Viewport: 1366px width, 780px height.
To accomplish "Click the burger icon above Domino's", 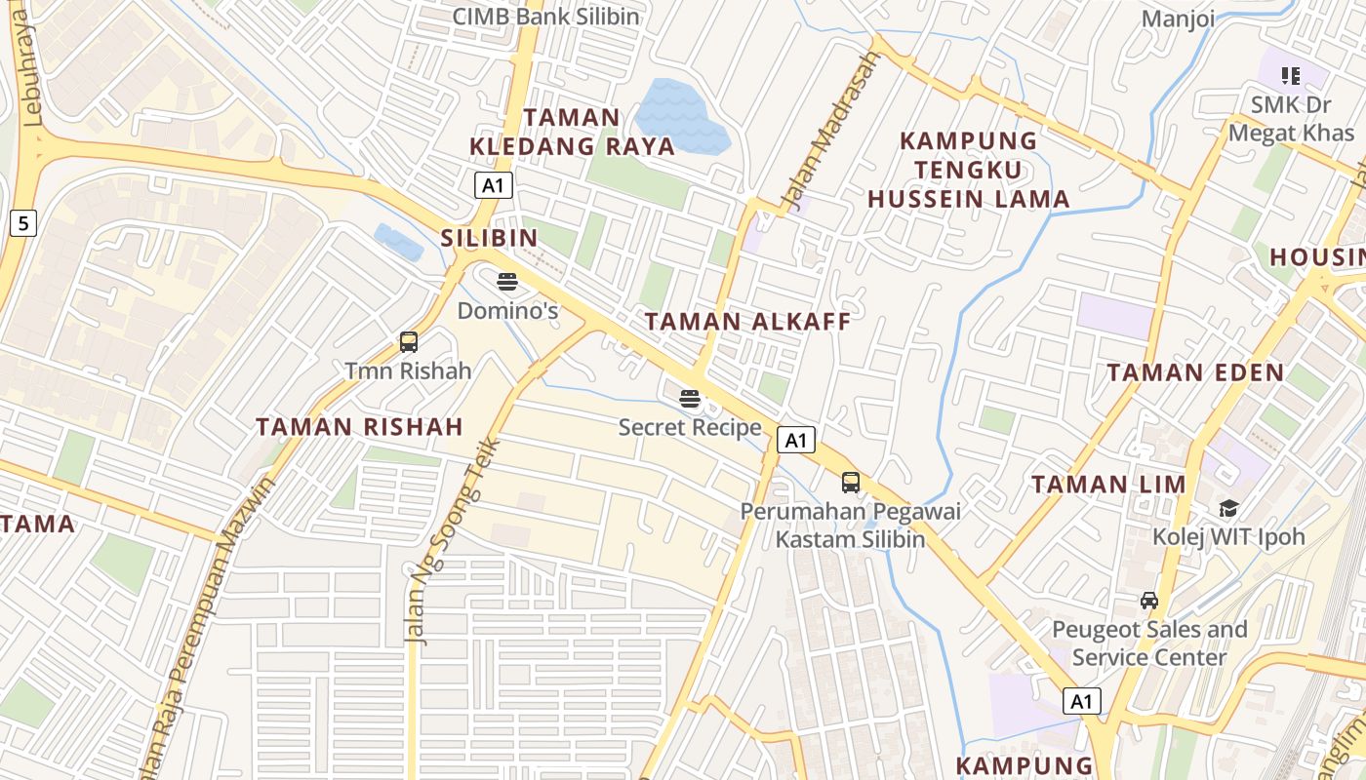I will [x=507, y=282].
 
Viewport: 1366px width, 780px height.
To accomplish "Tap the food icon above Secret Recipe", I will [x=690, y=398].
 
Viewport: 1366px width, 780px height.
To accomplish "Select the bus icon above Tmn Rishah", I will [x=409, y=342].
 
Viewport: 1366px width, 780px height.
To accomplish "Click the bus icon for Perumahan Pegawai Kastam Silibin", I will [x=851, y=482].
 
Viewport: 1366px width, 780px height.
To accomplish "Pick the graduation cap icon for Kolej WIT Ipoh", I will [x=1228, y=508].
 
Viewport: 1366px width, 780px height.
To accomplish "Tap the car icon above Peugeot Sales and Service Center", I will [x=1149, y=600].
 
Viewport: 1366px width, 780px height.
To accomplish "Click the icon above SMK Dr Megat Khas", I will [x=1291, y=75].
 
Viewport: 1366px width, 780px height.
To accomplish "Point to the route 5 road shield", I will [x=23, y=224].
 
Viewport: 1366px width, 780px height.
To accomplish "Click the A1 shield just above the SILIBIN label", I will [x=494, y=185].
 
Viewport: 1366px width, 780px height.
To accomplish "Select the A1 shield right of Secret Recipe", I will [x=796, y=440].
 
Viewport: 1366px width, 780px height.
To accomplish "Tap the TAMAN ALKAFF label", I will [x=747, y=322].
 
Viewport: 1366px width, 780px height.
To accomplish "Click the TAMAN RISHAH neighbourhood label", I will [x=359, y=426].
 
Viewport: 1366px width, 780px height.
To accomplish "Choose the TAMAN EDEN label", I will [x=1195, y=372].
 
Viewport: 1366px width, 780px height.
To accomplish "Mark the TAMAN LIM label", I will [x=1108, y=485].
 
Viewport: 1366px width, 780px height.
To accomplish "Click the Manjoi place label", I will [x=1178, y=19].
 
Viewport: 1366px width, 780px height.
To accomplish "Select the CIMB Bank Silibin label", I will [x=546, y=17].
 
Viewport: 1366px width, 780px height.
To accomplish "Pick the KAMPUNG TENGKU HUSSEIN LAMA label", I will [x=968, y=170].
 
